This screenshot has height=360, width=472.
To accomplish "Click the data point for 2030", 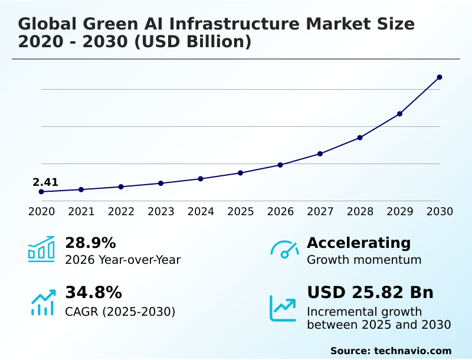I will coord(440,77).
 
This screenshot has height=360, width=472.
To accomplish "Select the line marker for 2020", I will coord(41,192).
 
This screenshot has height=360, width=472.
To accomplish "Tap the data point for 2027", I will coord(320,153).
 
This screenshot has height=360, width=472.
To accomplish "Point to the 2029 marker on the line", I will coord(399,113).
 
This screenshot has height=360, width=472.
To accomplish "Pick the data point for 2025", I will coord(240,173).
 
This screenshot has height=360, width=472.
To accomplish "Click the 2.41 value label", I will coord(45,182).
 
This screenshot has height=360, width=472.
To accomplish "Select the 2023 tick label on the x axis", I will coord(160,211).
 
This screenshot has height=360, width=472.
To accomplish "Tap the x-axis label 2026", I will coord(280,211).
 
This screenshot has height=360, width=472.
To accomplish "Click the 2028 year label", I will coord(360,211).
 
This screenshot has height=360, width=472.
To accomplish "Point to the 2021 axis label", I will coord(81,211).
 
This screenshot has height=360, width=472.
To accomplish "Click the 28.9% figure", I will coord(90,243).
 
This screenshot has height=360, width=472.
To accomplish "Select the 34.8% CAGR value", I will coord(93,292).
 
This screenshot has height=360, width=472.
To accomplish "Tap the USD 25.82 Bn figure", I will coord(370,292).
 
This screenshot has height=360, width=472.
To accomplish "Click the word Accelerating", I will coord(359,243).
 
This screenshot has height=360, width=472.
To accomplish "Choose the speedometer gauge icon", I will coord(284,250).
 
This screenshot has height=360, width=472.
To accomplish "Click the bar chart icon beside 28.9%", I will coord(41,249).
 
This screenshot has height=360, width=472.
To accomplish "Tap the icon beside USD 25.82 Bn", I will coord(283,308).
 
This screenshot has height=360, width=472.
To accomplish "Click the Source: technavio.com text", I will coord(391,351).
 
